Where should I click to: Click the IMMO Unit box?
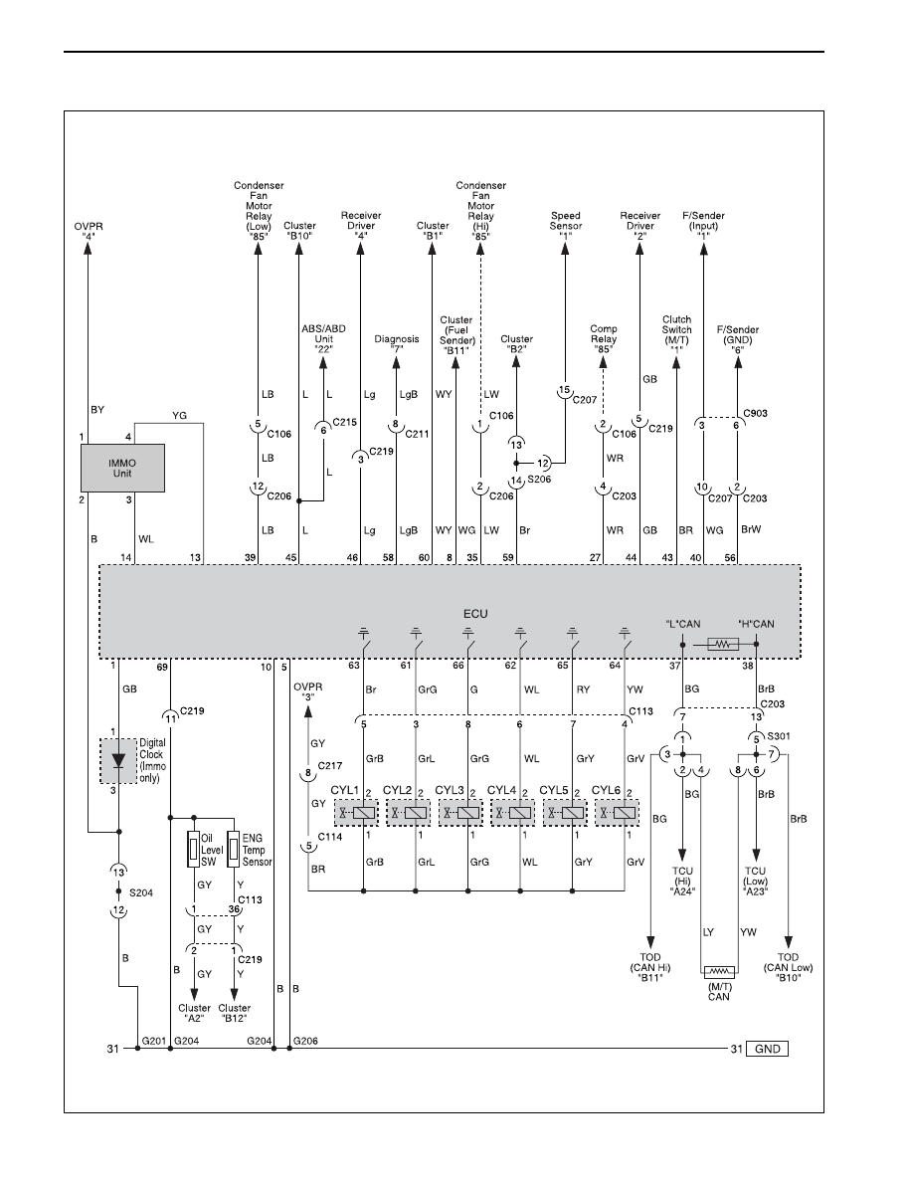tap(122, 468)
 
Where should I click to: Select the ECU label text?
tap(475, 614)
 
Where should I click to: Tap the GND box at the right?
tap(768, 1049)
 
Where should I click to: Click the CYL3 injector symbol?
tap(460, 813)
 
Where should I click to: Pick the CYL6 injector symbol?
tap(617, 813)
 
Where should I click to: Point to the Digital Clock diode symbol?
tap(118, 761)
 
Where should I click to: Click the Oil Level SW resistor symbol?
tap(194, 850)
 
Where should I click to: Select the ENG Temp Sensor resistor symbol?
tap(235, 850)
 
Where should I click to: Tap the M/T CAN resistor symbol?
tap(719, 972)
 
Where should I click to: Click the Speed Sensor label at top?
tap(566, 225)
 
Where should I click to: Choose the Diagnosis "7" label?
tap(397, 344)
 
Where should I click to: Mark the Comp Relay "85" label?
tap(604, 339)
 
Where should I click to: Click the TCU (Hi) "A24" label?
tap(682, 881)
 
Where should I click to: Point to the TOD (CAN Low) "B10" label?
tap(789, 967)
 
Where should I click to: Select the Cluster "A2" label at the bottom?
tap(194, 1013)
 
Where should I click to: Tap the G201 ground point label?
tap(153, 1041)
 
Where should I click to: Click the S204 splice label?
tap(141, 892)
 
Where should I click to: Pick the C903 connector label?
tap(756, 413)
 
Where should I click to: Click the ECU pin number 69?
tap(162, 667)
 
